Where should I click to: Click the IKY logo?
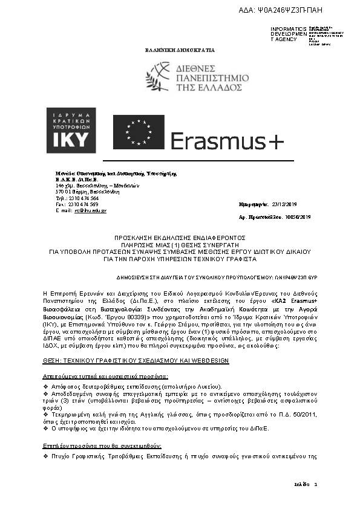tap(71, 131)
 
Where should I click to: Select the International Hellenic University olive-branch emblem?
tap(159, 78)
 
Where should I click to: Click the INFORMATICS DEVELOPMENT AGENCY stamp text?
tap(284, 34)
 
